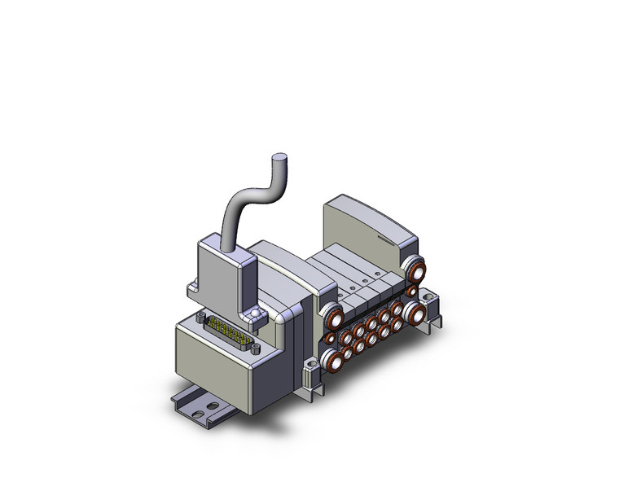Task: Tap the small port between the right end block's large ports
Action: click(x=414, y=290)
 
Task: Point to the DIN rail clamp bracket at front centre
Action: click(x=311, y=375)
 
